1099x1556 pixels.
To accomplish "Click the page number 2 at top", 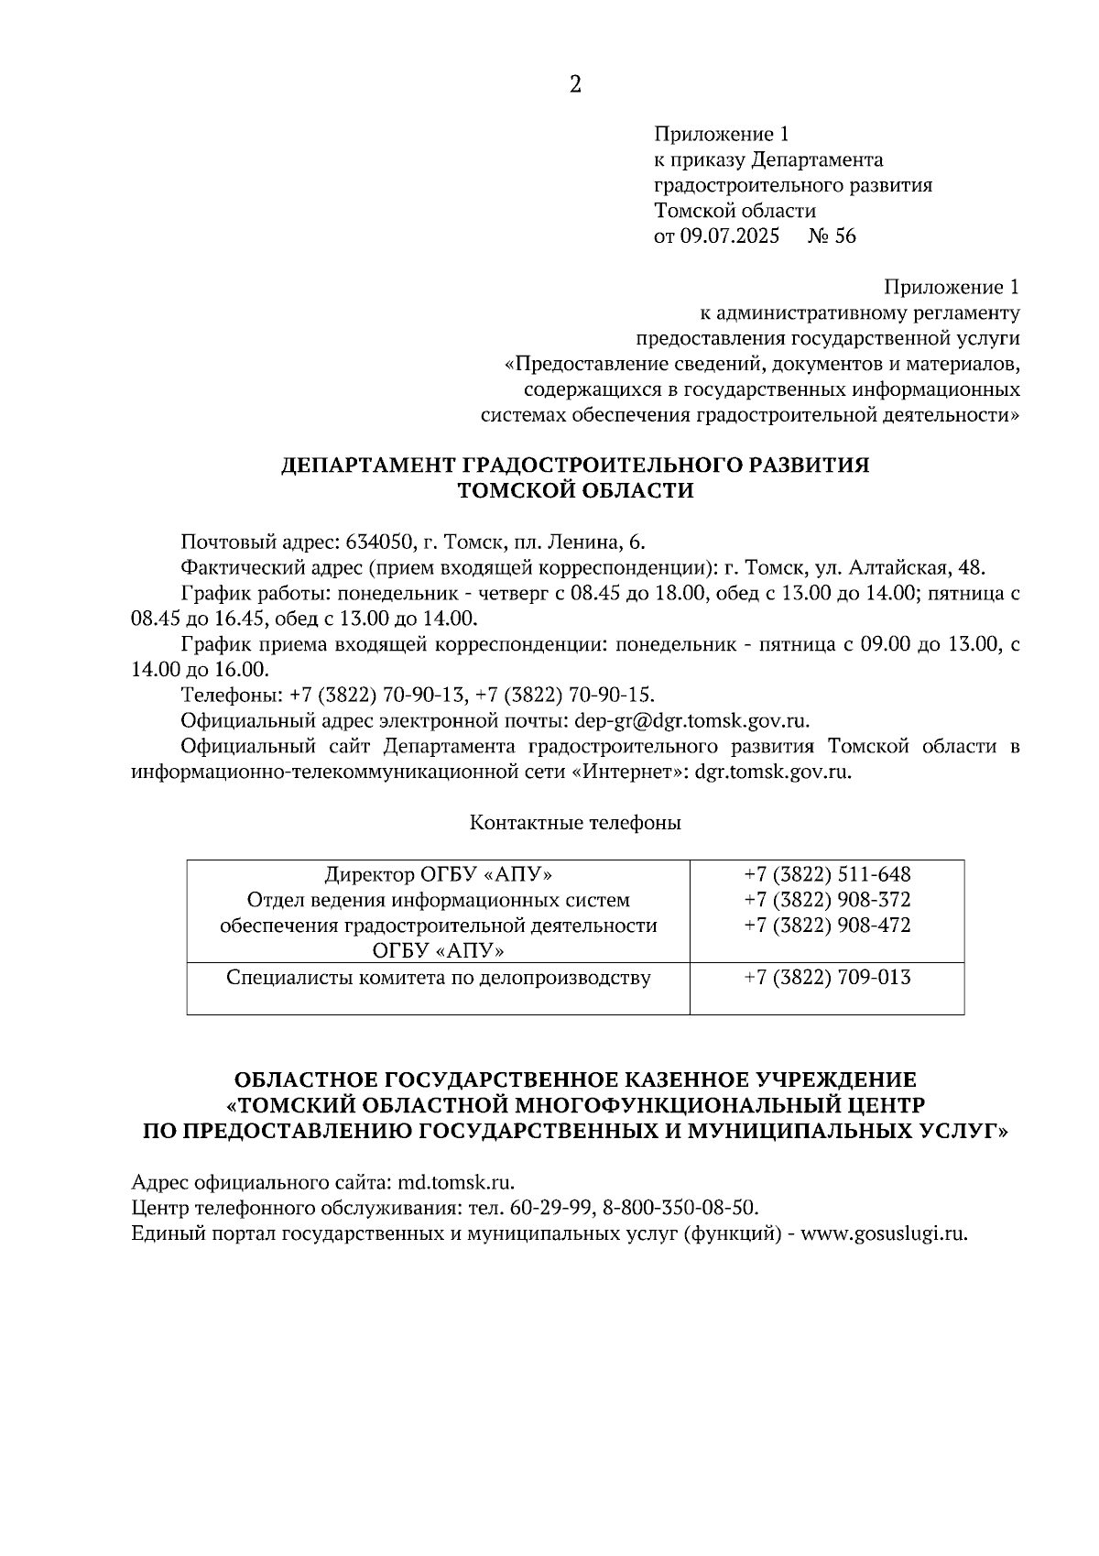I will tap(575, 84).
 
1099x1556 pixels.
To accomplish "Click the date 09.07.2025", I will tap(729, 236).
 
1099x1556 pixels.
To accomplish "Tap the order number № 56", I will tap(832, 236).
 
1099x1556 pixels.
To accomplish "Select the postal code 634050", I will tap(377, 542).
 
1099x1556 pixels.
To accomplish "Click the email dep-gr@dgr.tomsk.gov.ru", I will tap(691, 720).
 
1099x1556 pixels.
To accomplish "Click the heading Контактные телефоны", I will tap(575, 823).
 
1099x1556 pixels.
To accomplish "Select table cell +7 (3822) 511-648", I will tap(827, 874).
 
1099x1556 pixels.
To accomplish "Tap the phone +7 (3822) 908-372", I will tap(827, 900).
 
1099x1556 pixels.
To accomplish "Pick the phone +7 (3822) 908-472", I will tap(827, 926).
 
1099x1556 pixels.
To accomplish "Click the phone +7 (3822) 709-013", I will tap(827, 978).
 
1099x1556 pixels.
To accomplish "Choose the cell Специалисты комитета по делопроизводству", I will tap(438, 978).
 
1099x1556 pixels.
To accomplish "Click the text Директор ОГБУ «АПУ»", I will tap(438, 874).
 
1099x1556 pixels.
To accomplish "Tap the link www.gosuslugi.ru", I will tap(884, 1233).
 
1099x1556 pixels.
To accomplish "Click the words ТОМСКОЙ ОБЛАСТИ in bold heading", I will tap(575, 491).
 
